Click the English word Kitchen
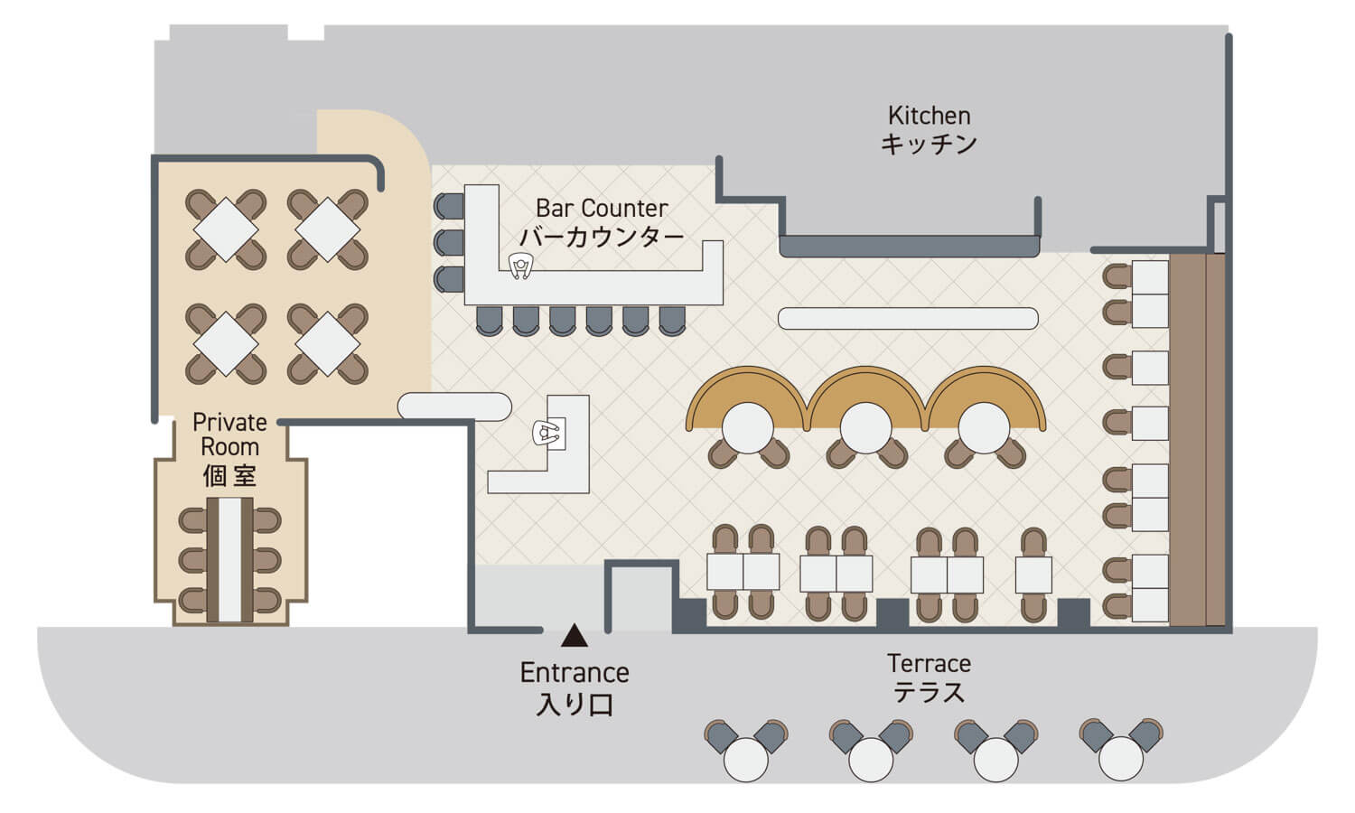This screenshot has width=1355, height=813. click(x=929, y=116)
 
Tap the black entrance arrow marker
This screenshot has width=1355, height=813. click(x=574, y=637)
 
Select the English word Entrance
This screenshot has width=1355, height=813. click(x=575, y=673)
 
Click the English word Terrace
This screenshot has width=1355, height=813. click(x=929, y=664)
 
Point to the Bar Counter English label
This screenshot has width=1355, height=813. click(x=602, y=208)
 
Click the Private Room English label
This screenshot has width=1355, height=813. click(x=229, y=435)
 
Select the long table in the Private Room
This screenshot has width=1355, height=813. click(x=230, y=559)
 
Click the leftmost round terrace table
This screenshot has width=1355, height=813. click(x=746, y=759)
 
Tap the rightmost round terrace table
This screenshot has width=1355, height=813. click(x=1121, y=759)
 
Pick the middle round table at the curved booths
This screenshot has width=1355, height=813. click(x=865, y=426)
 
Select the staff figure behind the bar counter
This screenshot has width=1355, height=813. click(x=520, y=266)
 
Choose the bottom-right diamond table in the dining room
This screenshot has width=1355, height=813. click(x=328, y=343)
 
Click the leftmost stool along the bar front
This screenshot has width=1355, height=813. click(x=489, y=320)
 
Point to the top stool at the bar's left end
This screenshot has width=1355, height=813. click(x=449, y=206)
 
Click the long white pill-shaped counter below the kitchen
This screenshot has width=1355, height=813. click(x=908, y=318)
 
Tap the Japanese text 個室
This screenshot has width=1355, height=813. click(x=229, y=476)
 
